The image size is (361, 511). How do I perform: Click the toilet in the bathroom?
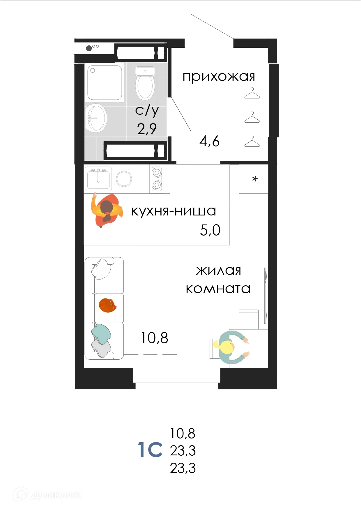145,84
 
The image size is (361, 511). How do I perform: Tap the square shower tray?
105,83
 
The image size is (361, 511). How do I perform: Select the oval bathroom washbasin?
96,118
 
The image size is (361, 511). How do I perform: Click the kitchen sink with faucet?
98,178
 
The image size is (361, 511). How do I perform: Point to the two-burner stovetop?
157,178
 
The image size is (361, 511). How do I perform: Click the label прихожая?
219,77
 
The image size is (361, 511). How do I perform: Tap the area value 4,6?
209,142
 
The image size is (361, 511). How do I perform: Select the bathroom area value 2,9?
147,129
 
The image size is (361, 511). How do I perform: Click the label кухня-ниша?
174,211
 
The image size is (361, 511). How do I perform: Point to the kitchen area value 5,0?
210,230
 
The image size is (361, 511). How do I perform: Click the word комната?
218,289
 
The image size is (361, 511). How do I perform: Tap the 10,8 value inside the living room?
154,338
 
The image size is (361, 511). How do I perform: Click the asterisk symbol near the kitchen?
255,179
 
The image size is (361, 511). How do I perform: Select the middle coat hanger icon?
252,118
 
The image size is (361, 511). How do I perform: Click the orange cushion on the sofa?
107,306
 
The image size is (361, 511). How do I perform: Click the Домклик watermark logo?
48,494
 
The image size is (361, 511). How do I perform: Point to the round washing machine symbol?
124,178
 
